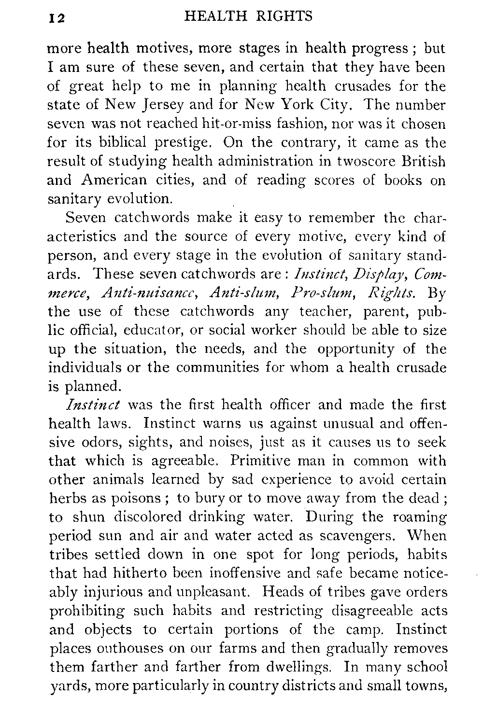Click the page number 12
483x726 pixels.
tap(57, 18)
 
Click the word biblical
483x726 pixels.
tap(123, 143)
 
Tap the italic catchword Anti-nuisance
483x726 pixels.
tap(128, 293)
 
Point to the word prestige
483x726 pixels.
tap(181, 143)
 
